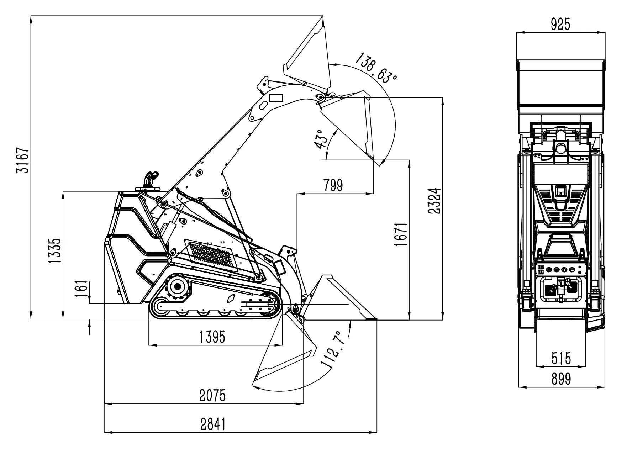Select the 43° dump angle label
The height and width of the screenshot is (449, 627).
point(319,138)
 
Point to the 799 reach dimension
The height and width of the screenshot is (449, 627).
point(333,185)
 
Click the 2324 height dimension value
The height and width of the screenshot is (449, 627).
point(435,200)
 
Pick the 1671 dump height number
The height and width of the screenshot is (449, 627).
point(401,235)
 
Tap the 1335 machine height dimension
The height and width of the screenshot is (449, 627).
point(55,251)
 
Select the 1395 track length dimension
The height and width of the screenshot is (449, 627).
point(212,337)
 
